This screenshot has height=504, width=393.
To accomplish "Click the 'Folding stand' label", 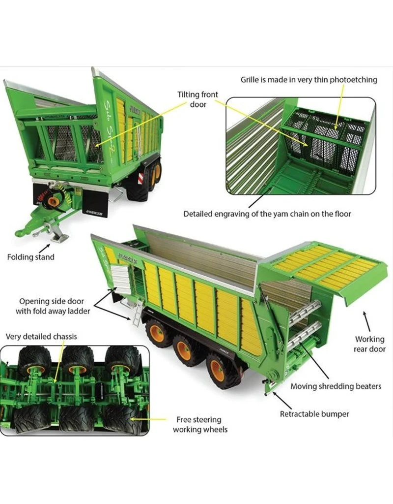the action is point(31,257).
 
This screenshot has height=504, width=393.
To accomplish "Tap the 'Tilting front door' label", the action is point(198,99).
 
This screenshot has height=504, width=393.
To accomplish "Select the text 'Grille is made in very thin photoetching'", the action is point(309,79).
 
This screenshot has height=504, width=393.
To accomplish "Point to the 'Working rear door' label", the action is point(369,344).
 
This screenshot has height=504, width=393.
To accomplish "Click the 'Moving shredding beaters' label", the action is point(336,386).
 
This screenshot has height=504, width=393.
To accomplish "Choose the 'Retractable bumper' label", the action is point(314,414).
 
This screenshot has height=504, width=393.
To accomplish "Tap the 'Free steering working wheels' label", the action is point(200,425).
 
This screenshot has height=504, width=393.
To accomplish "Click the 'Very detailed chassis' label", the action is point(41,337).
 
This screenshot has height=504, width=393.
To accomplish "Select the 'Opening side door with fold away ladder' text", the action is point(53,306).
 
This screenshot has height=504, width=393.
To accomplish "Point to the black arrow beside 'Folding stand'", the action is point(44,248).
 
